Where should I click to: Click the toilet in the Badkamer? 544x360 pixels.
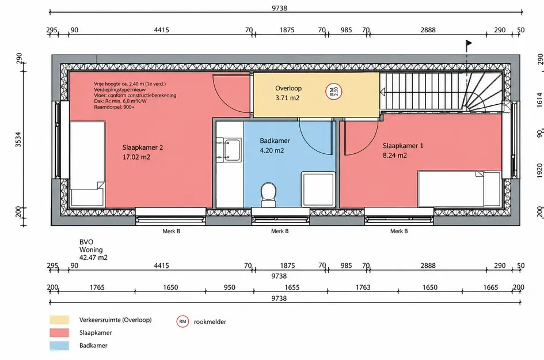pyautogui.click(x=268, y=195)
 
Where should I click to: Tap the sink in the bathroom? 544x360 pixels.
pyautogui.click(x=229, y=150)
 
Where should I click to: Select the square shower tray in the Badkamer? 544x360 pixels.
pyautogui.click(x=318, y=189)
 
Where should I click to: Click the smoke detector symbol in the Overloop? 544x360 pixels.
pyautogui.click(x=334, y=92)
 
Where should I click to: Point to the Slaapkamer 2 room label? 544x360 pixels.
pyautogui.click(x=143, y=147)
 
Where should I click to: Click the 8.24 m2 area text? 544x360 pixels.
pyautogui.click(x=395, y=156)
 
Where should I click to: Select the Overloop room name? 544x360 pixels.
pyautogui.click(x=288, y=89)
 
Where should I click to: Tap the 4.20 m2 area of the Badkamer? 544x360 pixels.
pyautogui.click(x=272, y=151)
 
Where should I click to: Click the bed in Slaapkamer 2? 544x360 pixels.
pyautogui.click(x=88, y=164)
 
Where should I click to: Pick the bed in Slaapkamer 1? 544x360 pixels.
pyautogui.click(x=459, y=189)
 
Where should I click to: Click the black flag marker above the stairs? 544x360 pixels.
pyautogui.click(x=469, y=43)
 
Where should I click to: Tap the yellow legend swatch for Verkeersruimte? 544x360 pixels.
pyautogui.click(x=59, y=320)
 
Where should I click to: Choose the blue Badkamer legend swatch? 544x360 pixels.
pyautogui.click(x=59, y=346)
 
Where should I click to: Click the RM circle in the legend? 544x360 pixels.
pyautogui.click(x=182, y=321)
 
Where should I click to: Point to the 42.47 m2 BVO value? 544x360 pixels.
pyautogui.click(x=93, y=257)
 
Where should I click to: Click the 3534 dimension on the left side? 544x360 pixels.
pyautogui.click(x=18, y=139)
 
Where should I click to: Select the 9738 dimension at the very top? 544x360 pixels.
pyautogui.click(x=279, y=8)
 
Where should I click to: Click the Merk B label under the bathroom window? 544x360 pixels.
pyautogui.click(x=280, y=231)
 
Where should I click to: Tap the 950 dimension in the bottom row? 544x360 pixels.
pyautogui.click(x=229, y=287)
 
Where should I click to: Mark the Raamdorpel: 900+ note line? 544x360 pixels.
pyautogui.click(x=114, y=107)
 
